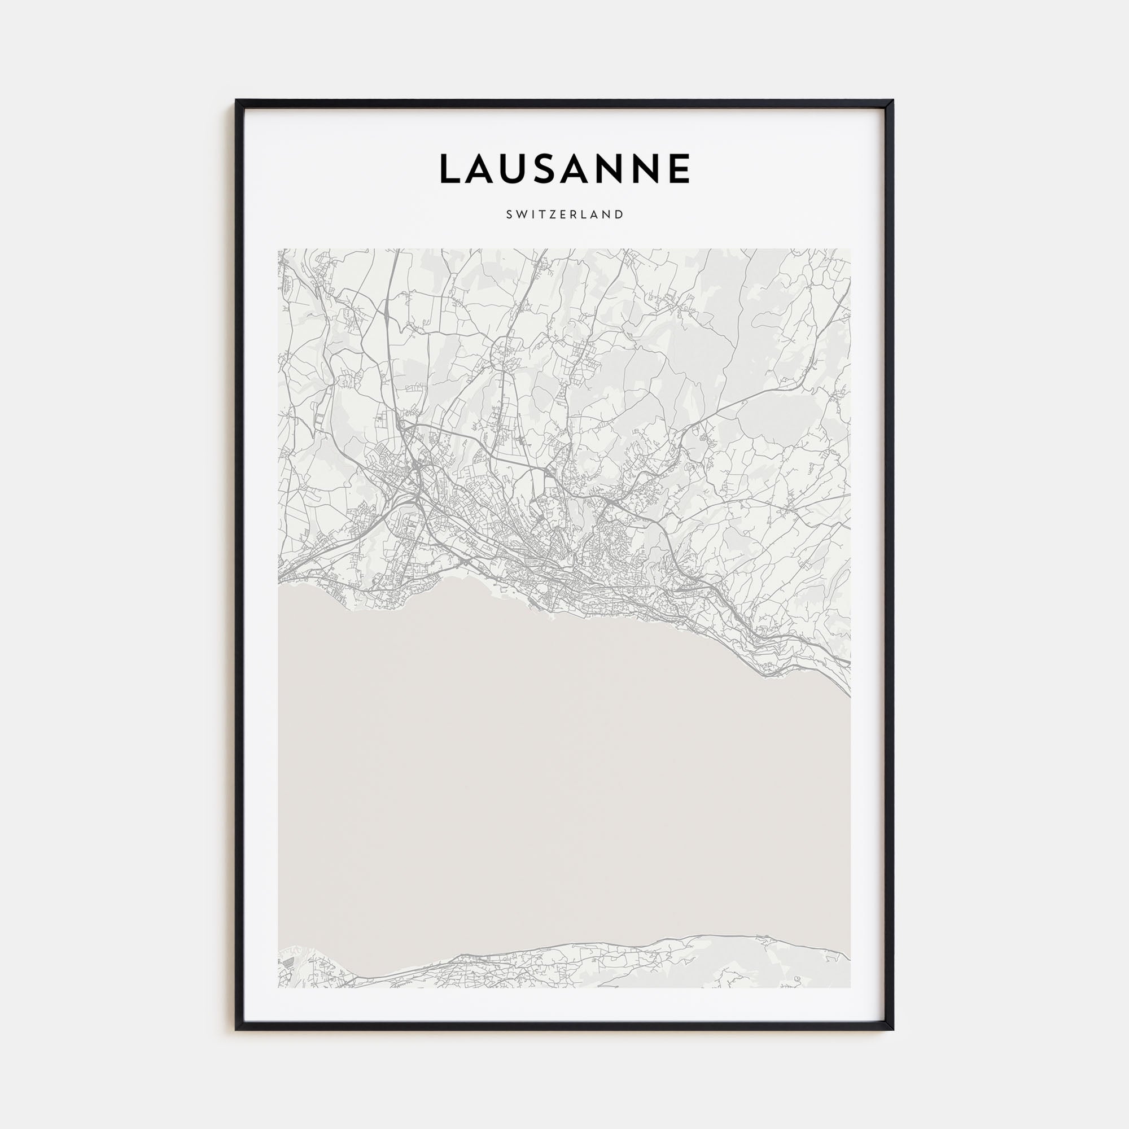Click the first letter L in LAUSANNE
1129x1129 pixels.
(450, 169)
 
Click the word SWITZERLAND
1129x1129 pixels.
(564, 215)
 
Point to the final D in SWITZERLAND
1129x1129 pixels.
(619, 215)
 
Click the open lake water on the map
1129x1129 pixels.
(561, 789)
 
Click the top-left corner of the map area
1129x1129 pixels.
(278, 250)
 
